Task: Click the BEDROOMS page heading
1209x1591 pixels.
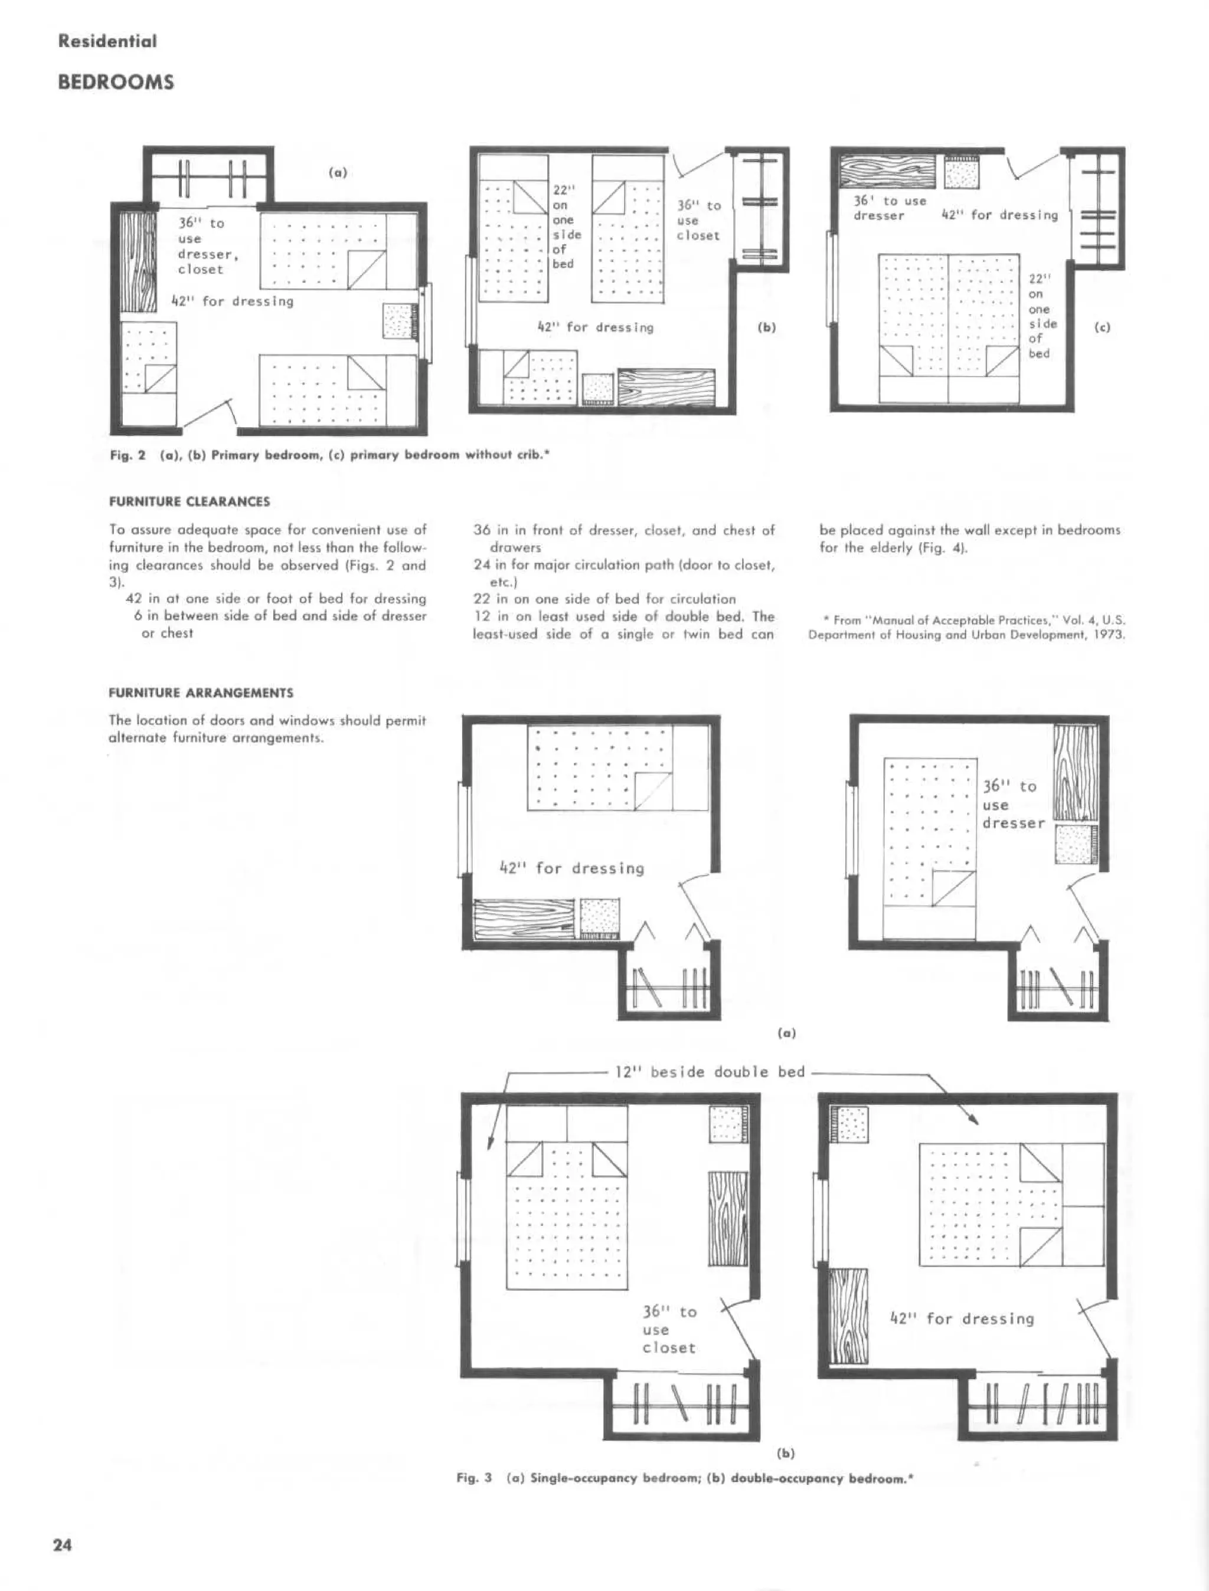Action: click(x=115, y=82)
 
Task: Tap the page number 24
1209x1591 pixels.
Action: click(x=63, y=1545)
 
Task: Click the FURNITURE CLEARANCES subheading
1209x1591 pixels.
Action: click(x=189, y=501)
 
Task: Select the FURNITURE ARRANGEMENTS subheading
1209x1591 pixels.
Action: click(x=201, y=693)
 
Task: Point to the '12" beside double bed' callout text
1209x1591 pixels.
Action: click(x=710, y=1072)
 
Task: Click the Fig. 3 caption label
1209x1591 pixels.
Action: click(x=474, y=1478)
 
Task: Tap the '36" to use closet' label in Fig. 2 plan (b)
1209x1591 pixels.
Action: click(x=698, y=220)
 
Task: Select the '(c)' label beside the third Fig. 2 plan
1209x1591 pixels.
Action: click(x=1102, y=327)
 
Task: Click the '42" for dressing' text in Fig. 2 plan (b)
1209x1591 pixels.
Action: click(x=596, y=327)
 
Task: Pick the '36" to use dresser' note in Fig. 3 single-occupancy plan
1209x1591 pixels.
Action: click(x=1012, y=805)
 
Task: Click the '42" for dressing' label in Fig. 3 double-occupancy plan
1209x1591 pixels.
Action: click(x=962, y=1318)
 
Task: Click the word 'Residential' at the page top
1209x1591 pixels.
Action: click(x=107, y=41)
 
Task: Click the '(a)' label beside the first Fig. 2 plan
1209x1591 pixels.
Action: click(x=338, y=173)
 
